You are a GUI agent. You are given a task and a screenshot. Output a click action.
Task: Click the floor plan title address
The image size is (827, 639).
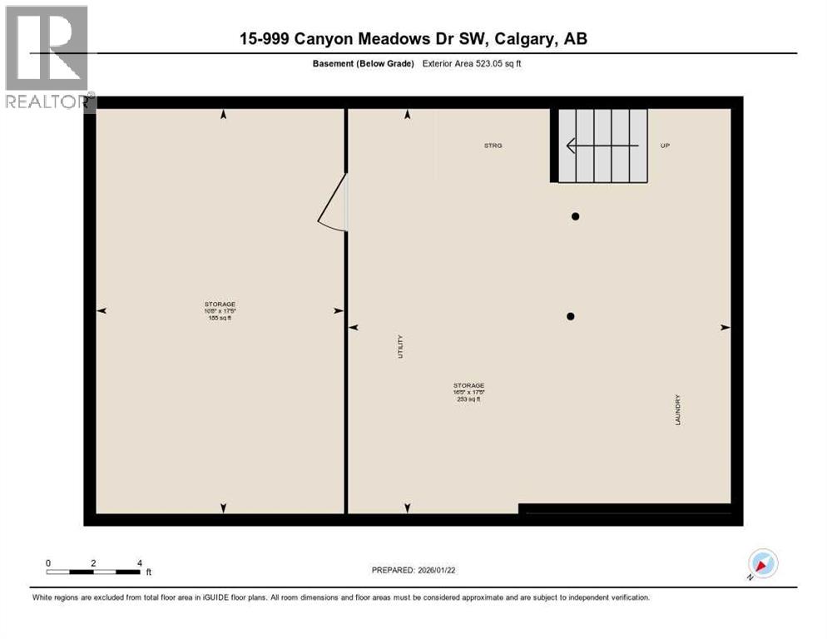[x=413, y=39]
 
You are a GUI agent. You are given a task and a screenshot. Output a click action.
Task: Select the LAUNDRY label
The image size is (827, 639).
[x=678, y=410]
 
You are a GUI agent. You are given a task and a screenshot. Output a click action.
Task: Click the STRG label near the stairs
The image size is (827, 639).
[x=493, y=146]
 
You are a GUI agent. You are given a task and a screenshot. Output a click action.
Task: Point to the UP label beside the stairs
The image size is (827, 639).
[x=665, y=146]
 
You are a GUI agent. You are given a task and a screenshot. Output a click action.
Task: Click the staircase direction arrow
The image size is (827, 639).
[x=602, y=146]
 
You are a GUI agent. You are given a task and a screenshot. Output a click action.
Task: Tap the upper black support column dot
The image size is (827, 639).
[x=575, y=216]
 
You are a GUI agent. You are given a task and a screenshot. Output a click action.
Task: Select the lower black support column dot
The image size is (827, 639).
[x=571, y=316]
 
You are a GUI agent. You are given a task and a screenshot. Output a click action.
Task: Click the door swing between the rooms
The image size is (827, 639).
[x=334, y=203]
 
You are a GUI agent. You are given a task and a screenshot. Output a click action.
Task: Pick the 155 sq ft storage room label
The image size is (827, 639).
[x=220, y=310]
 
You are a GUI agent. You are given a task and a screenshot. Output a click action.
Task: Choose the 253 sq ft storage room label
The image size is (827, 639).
[x=468, y=392]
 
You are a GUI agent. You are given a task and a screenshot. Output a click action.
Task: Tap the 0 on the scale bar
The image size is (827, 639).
[x=48, y=562]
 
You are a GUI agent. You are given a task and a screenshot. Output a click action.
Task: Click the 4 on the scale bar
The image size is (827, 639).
[x=139, y=562]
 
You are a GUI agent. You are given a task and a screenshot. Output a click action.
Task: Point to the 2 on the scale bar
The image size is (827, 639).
[x=93, y=562]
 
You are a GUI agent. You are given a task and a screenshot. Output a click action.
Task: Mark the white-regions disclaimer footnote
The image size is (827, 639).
[x=339, y=597]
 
